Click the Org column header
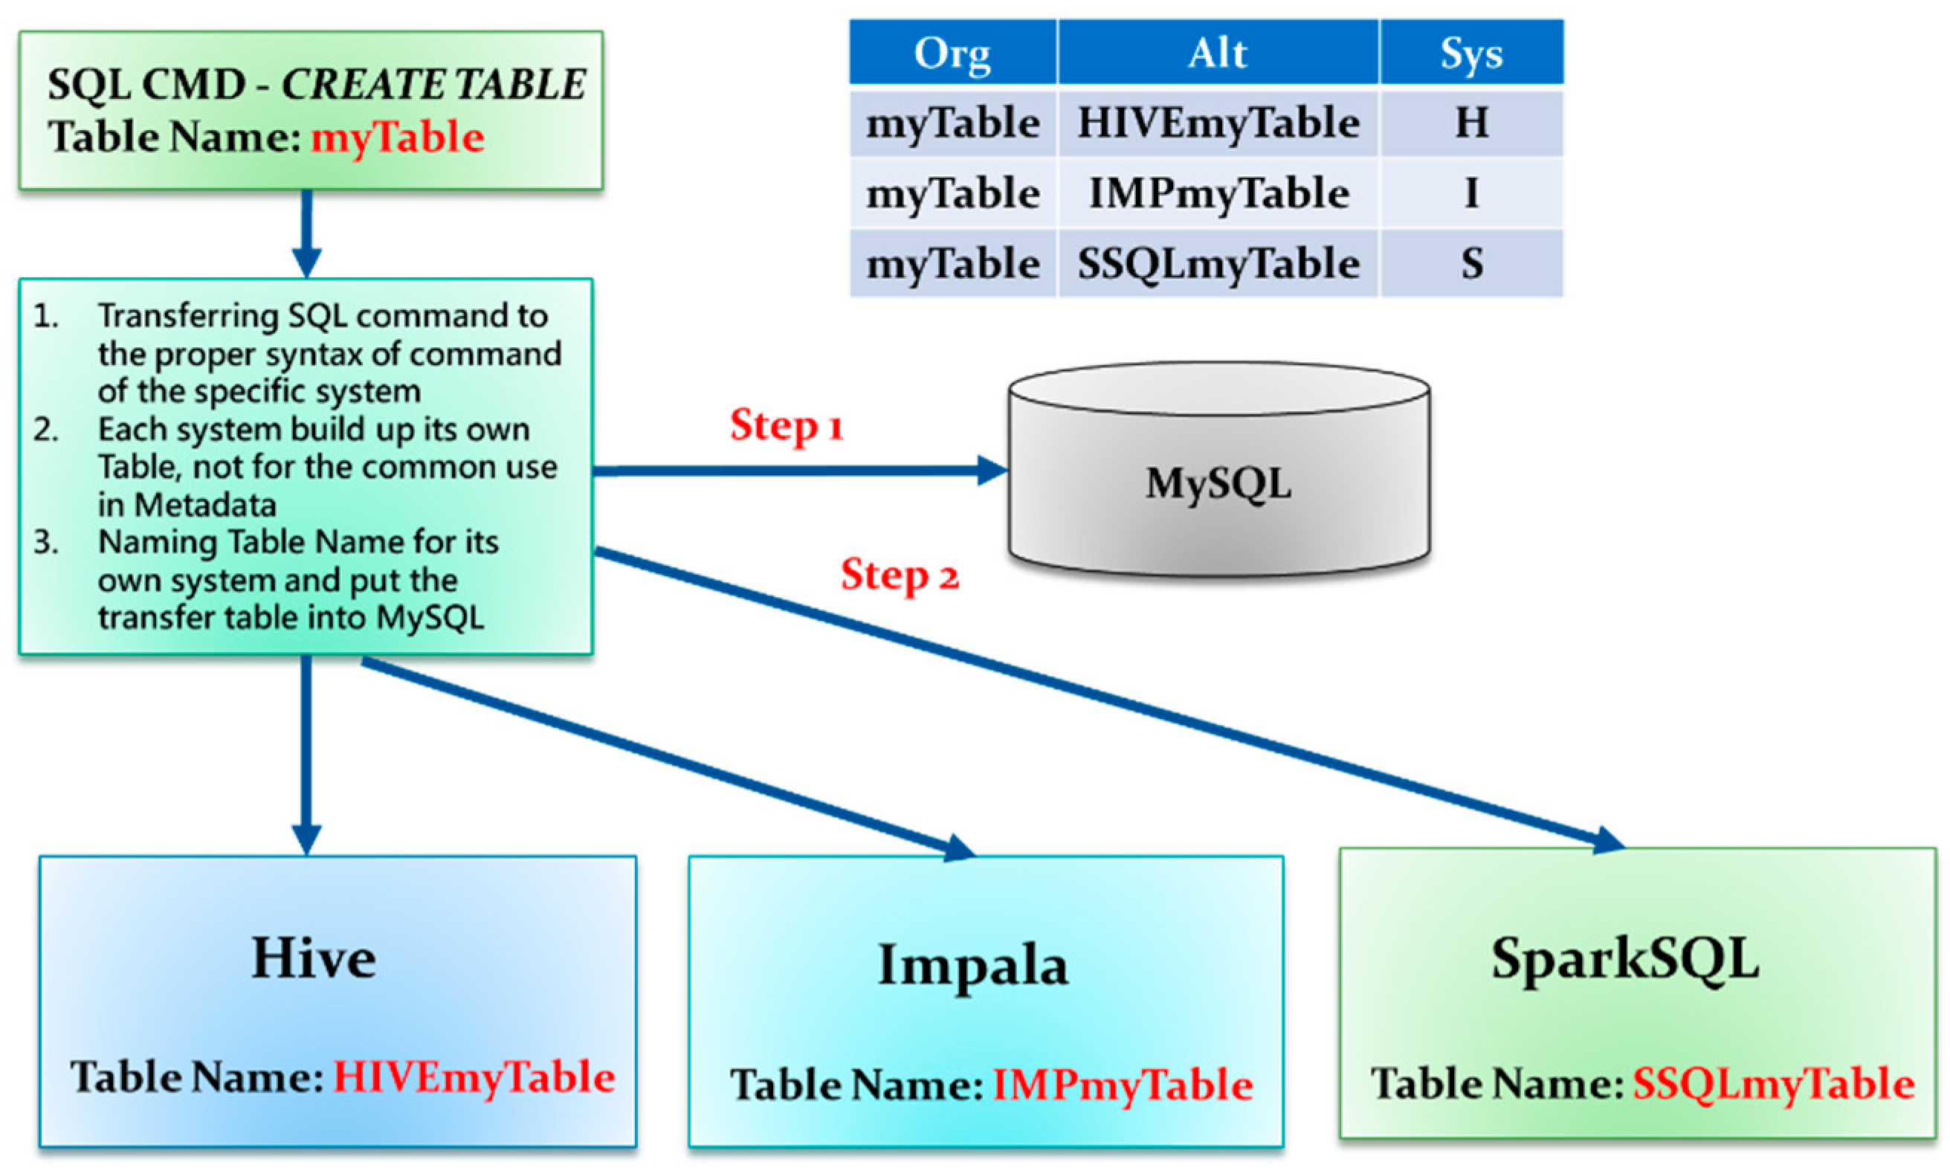(952, 54)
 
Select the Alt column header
(1218, 54)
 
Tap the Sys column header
(1470, 54)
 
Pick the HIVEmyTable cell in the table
(1218, 123)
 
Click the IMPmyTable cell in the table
(1218, 193)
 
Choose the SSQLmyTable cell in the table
(1218, 264)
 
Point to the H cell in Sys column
(1470, 123)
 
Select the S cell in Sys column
(1470, 264)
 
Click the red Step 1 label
(786, 426)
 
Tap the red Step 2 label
(900, 575)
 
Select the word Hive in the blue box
(313, 958)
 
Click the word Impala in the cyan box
(972, 966)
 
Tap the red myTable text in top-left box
(398, 138)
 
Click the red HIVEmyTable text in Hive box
(474, 1077)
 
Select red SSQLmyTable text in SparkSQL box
(1773, 1084)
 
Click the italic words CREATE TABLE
(433, 84)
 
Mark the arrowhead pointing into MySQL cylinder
(993, 471)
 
